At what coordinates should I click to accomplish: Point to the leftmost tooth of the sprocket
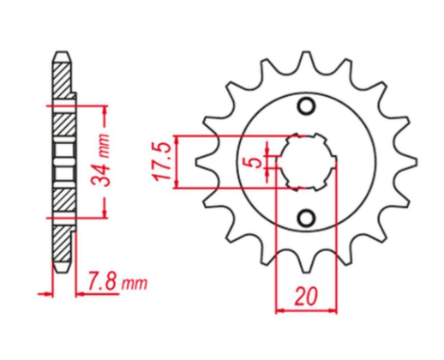pos(204,162)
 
